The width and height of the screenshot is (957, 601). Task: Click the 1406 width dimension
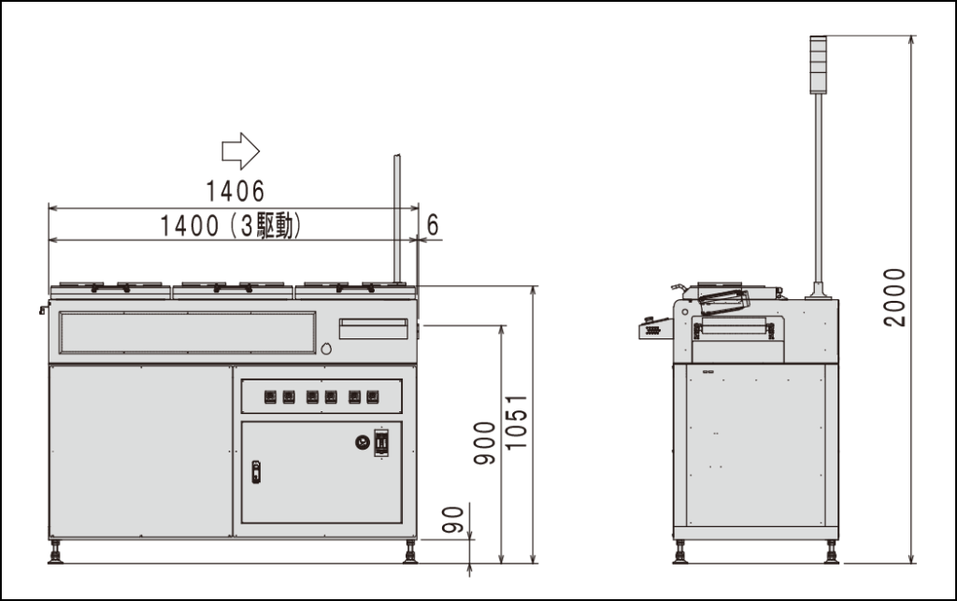235,191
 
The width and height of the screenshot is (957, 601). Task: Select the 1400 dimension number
189,225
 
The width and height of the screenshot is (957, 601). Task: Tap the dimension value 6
432,225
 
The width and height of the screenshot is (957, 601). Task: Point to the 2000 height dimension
894,297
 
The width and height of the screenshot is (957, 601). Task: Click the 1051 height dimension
516,422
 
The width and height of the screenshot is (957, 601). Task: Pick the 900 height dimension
485,443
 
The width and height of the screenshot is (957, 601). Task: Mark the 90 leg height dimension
453,520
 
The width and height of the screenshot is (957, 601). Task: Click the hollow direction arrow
240,150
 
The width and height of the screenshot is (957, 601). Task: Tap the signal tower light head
818,64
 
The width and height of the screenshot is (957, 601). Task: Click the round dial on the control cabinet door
363,442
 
